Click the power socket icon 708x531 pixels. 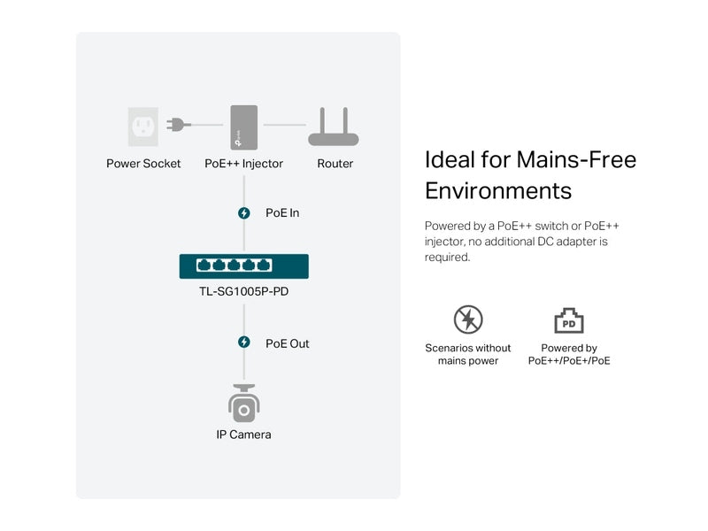tap(143, 127)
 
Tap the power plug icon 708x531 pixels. tap(179, 124)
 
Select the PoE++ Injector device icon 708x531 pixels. tap(244, 127)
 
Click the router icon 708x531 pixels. tap(334, 127)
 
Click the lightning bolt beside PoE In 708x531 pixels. tap(244, 213)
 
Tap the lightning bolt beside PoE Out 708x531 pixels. tap(244, 342)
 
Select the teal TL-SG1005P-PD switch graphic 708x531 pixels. tap(244, 266)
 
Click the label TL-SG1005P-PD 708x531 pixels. tap(244, 291)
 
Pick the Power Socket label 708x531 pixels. tap(143, 164)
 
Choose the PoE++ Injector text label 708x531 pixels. tap(244, 164)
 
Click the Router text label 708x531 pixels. tap(335, 164)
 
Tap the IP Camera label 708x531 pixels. tap(244, 435)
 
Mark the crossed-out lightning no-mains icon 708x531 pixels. tap(468, 319)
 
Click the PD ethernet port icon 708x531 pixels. tap(569, 320)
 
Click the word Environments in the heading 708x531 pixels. tap(498, 190)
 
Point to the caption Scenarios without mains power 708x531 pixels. tap(468, 355)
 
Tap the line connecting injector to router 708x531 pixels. tap(284, 125)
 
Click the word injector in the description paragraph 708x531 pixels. tap(444, 242)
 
